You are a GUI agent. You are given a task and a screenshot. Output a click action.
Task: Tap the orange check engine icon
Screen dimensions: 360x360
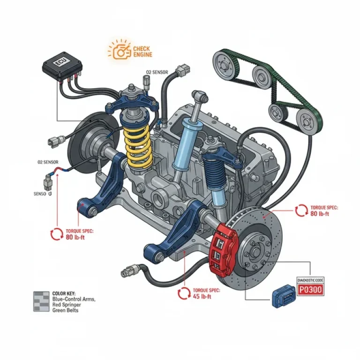coord(120,50)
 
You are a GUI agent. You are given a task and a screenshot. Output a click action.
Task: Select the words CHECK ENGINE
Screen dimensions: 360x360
coord(142,52)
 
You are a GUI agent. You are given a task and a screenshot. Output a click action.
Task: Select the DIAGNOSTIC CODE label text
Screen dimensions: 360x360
coord(310,280)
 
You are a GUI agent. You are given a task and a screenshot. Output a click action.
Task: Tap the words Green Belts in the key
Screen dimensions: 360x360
coord(66,310)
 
